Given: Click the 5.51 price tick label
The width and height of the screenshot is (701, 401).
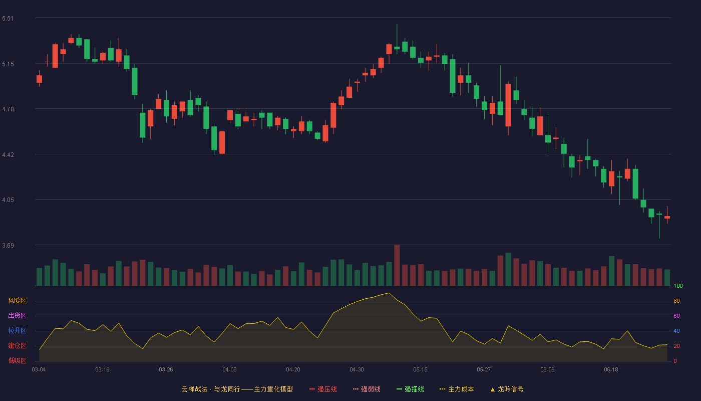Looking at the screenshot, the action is (x=8, y=19).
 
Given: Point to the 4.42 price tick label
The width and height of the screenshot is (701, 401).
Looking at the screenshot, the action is (x=8, y=155).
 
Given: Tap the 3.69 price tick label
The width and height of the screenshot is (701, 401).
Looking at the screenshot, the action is (x=8, y=245).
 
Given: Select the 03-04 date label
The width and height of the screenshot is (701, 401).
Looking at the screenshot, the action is (x=39, y=370).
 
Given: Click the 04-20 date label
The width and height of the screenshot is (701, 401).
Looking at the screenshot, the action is (x=293, y=370).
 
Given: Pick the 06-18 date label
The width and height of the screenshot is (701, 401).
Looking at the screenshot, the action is (x=611, y=370).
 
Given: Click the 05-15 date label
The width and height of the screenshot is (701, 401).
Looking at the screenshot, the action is (x=420, y=370).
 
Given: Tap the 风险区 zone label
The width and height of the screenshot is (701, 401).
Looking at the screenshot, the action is (x=17, y=301).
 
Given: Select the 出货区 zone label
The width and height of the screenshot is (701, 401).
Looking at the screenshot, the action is (x=17, y=315).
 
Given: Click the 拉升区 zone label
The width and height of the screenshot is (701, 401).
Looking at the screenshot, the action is (x=17, y=330).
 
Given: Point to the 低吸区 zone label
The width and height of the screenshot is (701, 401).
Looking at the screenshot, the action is (x=17, y=360).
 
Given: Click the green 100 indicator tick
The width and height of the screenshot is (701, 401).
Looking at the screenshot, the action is (x=678, y=286).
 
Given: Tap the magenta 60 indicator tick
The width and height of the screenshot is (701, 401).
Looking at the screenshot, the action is (x=676, y=316).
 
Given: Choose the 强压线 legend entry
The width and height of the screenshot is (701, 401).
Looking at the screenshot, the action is (x=323, y=389).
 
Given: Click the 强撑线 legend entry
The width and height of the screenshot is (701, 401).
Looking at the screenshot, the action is (x=410, y=389).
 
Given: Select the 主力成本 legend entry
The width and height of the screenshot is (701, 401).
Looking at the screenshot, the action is (x=457, y=389).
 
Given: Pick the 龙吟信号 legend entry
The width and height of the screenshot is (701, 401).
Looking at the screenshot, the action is (x=507, y=389).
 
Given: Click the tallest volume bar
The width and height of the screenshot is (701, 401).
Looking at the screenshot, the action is (x=397, y=265).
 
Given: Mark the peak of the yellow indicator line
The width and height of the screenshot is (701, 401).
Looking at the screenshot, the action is (x=389, y=293).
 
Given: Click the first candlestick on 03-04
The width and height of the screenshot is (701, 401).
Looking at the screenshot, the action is (x=39, y=79).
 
